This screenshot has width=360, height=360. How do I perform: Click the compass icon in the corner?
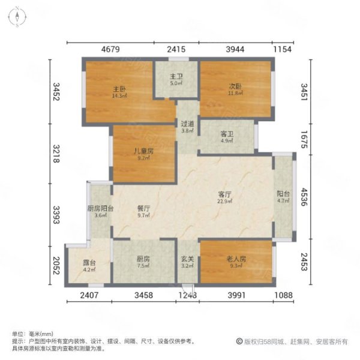[x=17, y=17]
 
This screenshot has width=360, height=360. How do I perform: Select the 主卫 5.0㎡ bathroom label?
[x=176, y=79]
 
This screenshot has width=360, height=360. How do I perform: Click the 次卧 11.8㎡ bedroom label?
[x=235, y=89]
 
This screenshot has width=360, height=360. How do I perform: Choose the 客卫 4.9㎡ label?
[x=227, y=137]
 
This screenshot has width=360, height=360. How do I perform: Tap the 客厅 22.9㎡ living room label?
[x=225, y=197]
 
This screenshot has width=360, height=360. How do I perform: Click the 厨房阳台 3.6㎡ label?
[x=101, y=212]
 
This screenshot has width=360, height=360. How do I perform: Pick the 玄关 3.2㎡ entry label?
[x=188, y=262]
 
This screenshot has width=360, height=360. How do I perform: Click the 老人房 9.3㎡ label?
[x=236, y=262]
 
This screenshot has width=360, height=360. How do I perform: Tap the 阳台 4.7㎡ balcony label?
[x=283, y=197]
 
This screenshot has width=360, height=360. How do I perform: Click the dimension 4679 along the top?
[x=110, y=49]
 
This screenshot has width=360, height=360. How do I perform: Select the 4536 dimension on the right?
[x=304, y=197]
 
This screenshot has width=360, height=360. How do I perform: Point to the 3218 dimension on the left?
[x=56, y=154]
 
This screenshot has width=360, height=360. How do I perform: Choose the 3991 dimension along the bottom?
[x=237, y=295]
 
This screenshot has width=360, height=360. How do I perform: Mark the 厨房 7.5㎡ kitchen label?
[x=143, y=262]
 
